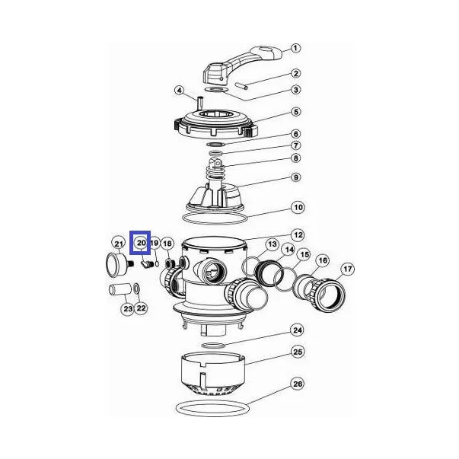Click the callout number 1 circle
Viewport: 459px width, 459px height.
click(x=295, y=48)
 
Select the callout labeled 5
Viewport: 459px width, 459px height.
click(x=296, y=112)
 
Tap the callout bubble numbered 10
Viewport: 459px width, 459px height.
click(x=298, y=208)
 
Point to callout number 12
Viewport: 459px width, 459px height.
click(x=298, y=235)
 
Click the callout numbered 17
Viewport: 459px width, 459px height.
click(x=347, y=269)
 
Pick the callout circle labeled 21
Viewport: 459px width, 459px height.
click(x=119, y=244)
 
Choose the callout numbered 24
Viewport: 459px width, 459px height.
click(x=298, y=330)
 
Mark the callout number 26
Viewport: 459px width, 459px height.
click(x=298, y=384)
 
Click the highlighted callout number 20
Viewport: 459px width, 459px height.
click(x=141, y=243)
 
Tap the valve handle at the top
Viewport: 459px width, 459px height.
click(x=242, y=65)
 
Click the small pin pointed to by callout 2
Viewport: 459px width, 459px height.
click(x=242, y=86)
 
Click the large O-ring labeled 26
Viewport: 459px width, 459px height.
click(x=212, y=408)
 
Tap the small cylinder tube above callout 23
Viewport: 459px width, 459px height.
click(x=120, y=289)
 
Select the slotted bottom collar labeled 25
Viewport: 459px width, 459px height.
click(x=213, y=375)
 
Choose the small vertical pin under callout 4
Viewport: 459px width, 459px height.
click(x=200, y=102)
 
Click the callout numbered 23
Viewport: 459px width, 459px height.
click(x=128, y=309)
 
